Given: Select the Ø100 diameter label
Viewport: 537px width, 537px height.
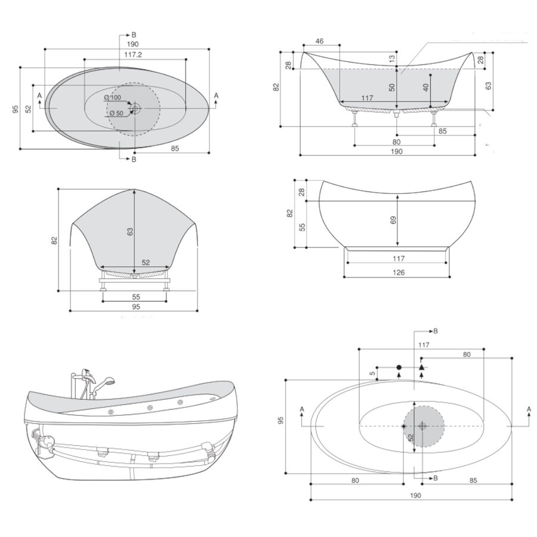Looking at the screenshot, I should tap(112, 98).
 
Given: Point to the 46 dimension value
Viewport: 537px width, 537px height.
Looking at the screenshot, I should tap(319, 41).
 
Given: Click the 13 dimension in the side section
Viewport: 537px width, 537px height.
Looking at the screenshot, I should tap(391, 58).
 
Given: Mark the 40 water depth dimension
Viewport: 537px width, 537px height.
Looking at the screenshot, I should tap(425, 87).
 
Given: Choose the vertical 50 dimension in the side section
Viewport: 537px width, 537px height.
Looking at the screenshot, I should tap(391, 87).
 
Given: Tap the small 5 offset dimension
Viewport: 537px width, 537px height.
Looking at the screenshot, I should tap(372, 374).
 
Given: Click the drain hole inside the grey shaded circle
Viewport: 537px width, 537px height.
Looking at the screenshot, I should tap(422, 426).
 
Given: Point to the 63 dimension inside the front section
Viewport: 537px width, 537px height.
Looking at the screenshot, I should tap(130, 232).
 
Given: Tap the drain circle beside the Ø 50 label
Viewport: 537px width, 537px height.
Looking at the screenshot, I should tap(136, 108).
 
